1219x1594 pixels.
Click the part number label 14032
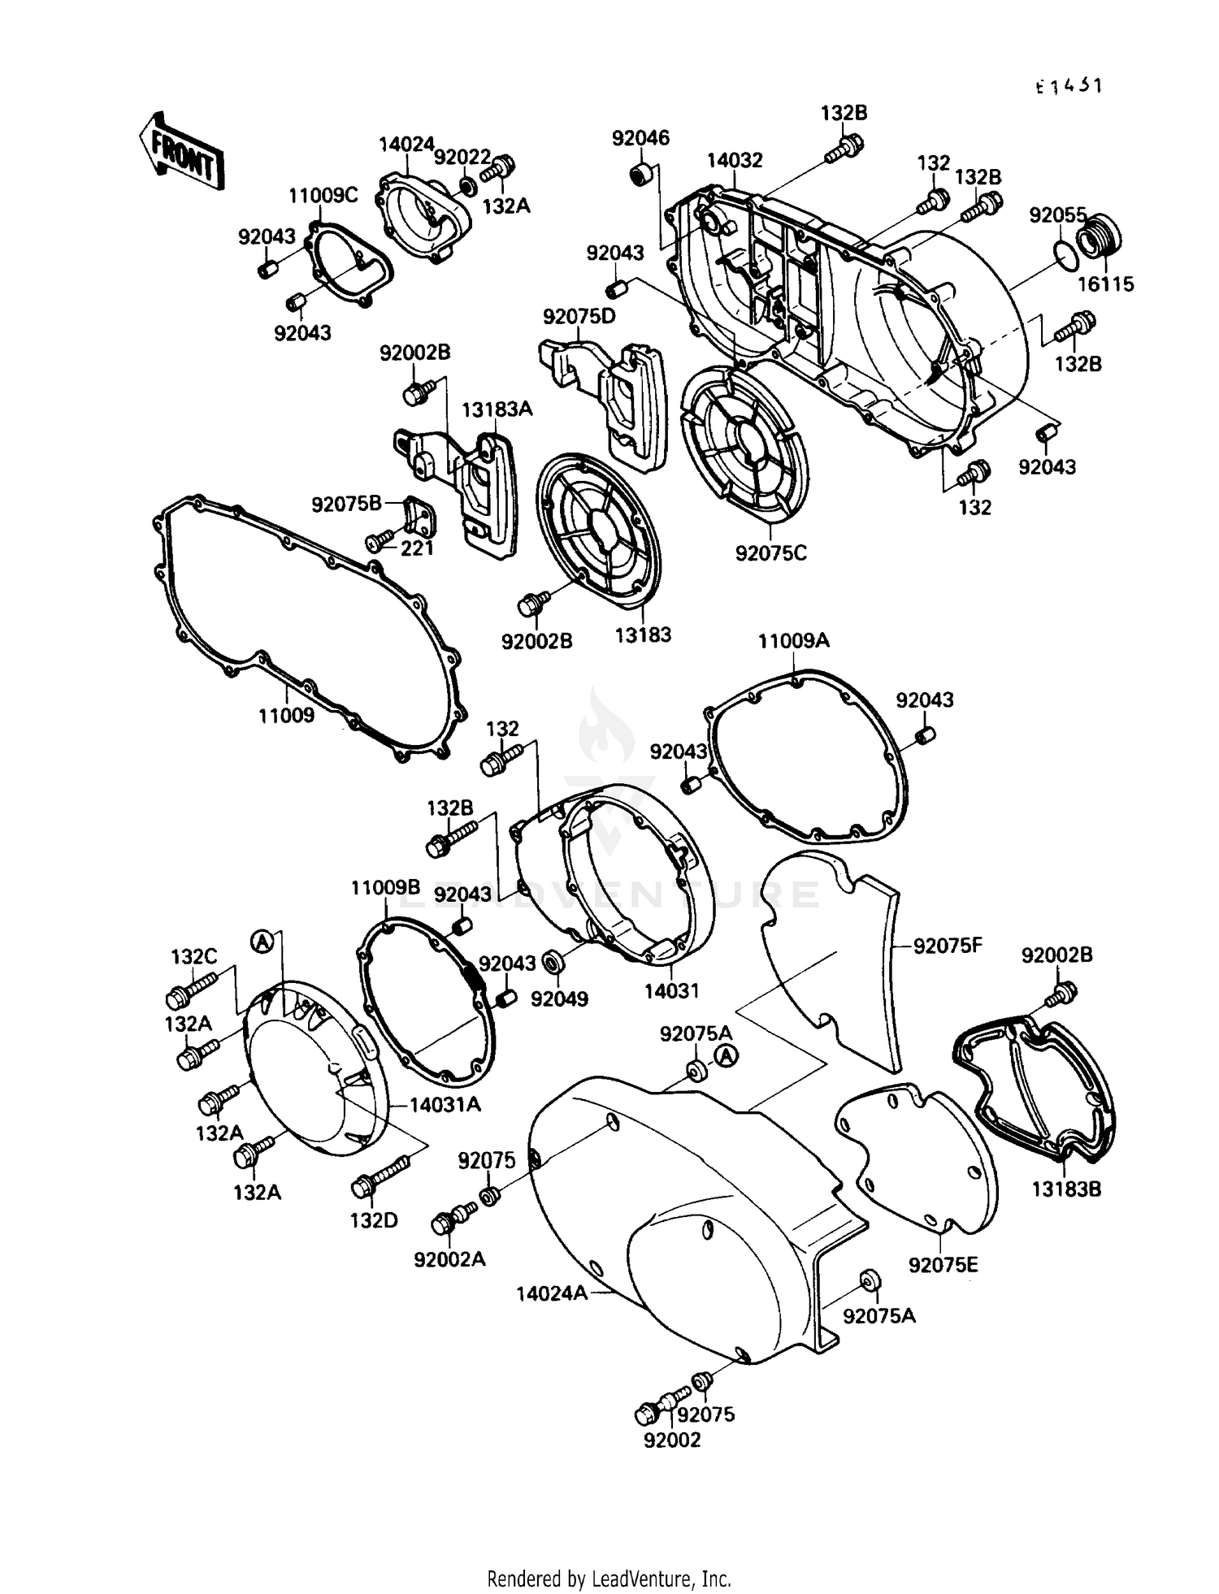pyautogui.click(x=734, y=161)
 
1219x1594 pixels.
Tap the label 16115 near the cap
pyautogui.click(x=1106, y=284)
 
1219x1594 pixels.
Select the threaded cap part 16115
pyautogui.click(x=1100, y=235)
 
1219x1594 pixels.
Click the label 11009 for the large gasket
pyautogui.click(x=286, y=716)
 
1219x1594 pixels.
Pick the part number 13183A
pyautogui.click(x=497, y=409)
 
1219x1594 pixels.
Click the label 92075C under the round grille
pyautogui.click(x=770, y=553)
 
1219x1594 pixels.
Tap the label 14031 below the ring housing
pyautogui.click(x=671, y=990)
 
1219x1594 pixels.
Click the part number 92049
pyautogui.click(x=559, y=998)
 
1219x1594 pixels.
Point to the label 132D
pyautogui.click(x=374, y=1219)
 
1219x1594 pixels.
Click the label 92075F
pyautogui.click(x=948, y=946)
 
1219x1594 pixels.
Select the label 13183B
pyautogui.click(x=1066, y=1189)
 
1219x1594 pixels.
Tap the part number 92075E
pyautogui.click(x=943, y=1265)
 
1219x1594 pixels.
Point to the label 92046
pyautogui.click(x=640, y=138)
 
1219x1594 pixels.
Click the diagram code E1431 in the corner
pyautogui.click(x=1068, y=86)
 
